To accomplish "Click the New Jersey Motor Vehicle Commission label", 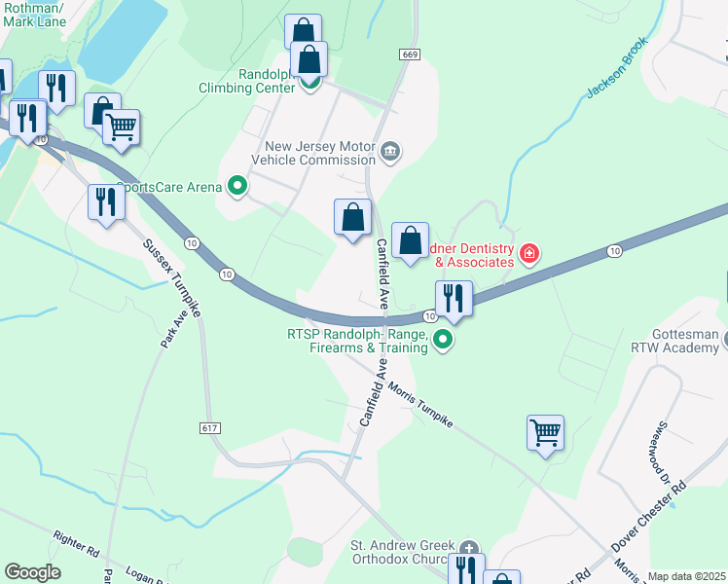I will [313, 153].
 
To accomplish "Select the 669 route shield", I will [409, 55].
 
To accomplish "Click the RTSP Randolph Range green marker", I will [443, 340].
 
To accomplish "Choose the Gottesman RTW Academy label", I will [689, 340].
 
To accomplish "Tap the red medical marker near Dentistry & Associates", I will [528, 255].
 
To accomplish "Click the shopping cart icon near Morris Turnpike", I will [545, 432].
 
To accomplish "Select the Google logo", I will [32, 572].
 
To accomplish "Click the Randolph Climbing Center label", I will [247, 81].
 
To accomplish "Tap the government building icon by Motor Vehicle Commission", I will [390, 151].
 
